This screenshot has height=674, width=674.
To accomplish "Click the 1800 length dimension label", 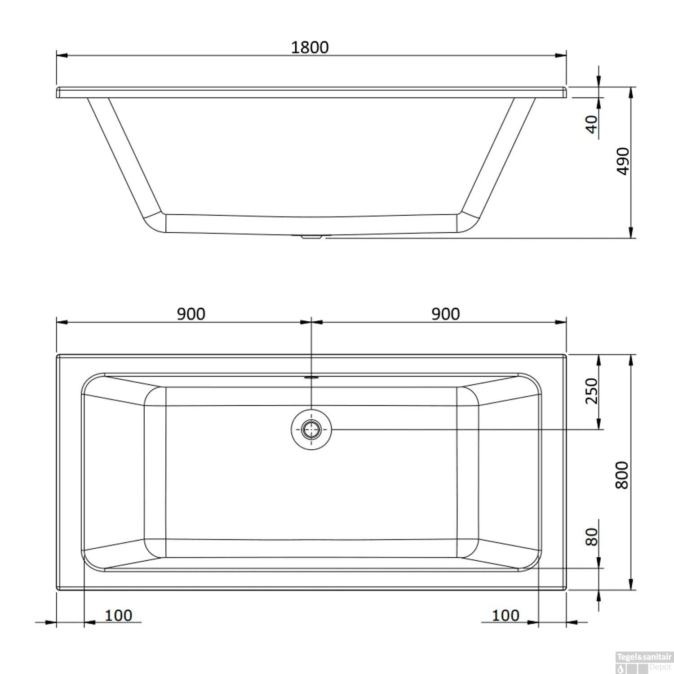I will click(x=310, y=47).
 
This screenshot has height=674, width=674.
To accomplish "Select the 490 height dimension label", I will click(x=623, y=161).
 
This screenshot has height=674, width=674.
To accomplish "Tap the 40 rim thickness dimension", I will click(x=592, y=124).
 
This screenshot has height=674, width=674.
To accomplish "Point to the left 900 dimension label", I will click(x=191, y=314).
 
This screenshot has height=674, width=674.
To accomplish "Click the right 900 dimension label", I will click(x=445, y=314).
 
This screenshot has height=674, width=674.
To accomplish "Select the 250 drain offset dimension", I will click(x=592, y=391).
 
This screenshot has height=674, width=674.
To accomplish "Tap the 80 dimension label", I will click(x=592, y=537).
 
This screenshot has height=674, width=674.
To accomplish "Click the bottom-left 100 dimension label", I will click(x=118, y=615).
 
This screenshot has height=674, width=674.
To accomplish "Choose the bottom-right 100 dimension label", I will click(x=505, y=615).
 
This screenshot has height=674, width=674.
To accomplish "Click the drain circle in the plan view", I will click(x=311, y=430).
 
